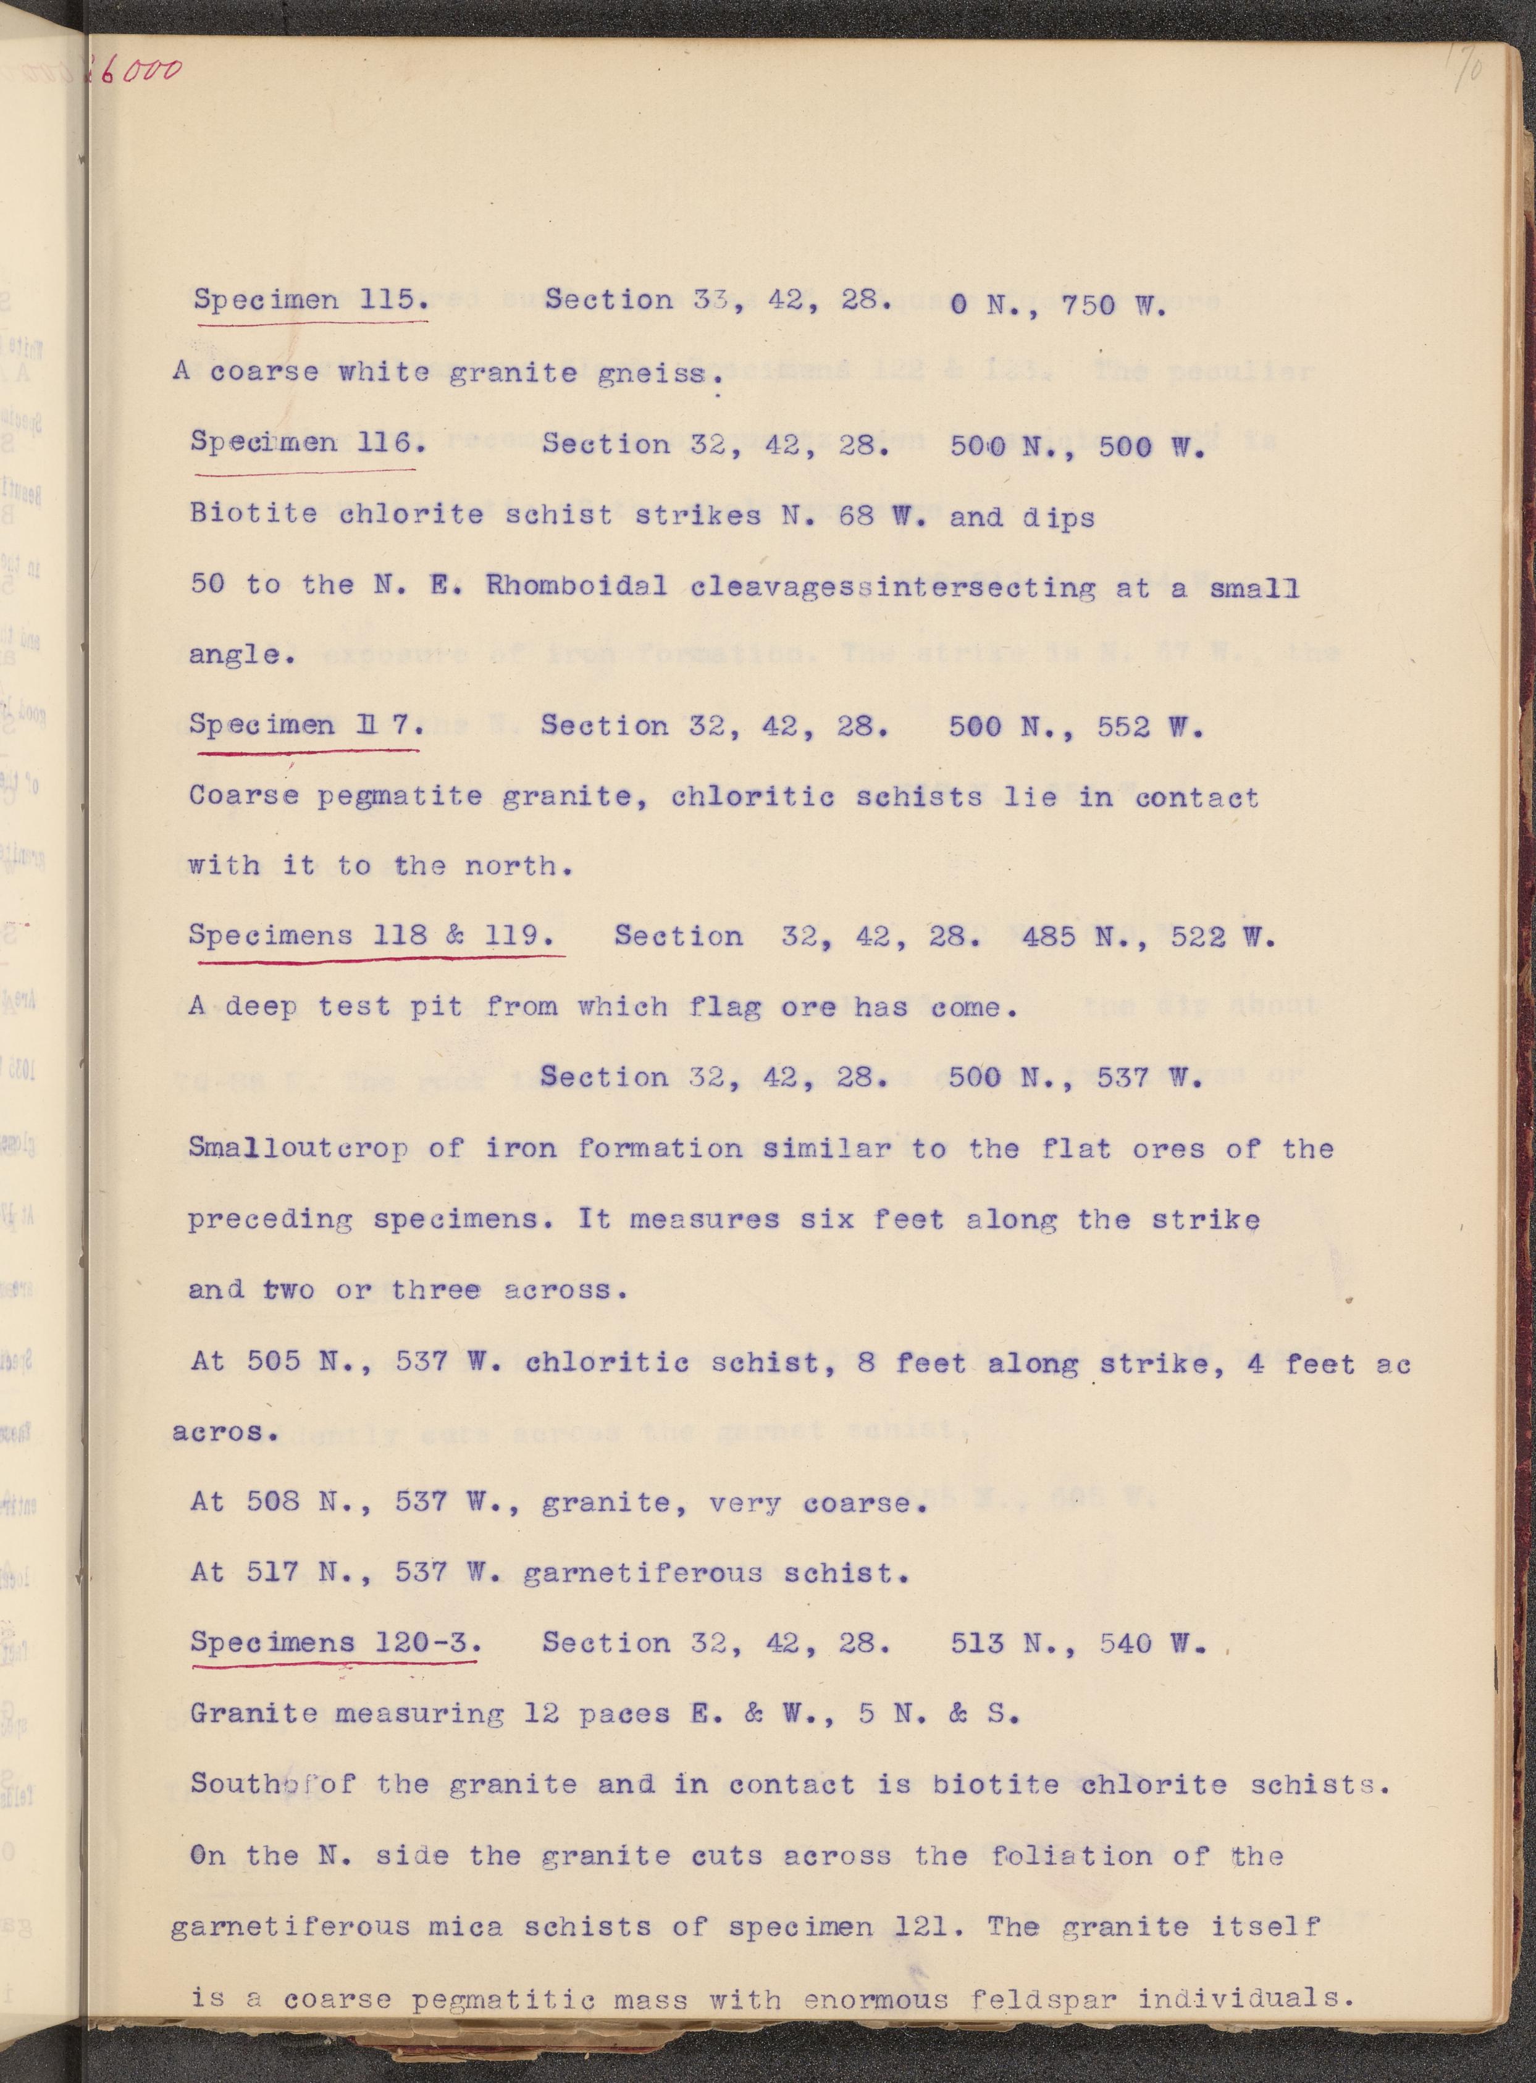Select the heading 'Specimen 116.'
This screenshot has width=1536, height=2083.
pos(308,442)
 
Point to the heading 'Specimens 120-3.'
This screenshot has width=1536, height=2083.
pos(335,1643)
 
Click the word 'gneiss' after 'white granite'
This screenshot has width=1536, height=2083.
pos(663,374)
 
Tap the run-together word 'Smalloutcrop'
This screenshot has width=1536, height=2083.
pos(298,1148)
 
